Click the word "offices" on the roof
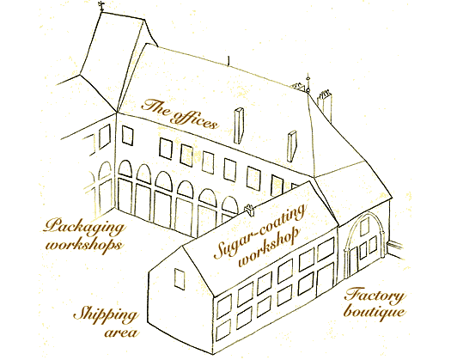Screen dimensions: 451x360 (195, 119)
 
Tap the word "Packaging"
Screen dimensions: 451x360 (84, 228)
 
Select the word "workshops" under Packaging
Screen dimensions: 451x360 (83, 245)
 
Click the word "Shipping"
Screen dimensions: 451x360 (106, 314)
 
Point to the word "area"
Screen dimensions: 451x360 (121, 333)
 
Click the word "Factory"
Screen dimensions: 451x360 (375, 296)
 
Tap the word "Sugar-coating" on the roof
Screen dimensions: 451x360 (259, 230)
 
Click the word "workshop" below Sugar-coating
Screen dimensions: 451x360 (268, 247)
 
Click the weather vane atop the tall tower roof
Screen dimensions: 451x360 (102, 6)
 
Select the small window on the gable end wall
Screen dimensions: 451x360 (180, 278)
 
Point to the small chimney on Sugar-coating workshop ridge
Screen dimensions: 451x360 (249, 210)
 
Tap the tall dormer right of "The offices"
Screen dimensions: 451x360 (239, 125)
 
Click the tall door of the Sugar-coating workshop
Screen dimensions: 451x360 (325, 279)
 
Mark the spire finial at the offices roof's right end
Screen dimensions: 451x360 (308, 83)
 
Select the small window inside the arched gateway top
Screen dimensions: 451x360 (364, 227)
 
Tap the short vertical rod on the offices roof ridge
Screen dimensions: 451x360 (229, 61)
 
